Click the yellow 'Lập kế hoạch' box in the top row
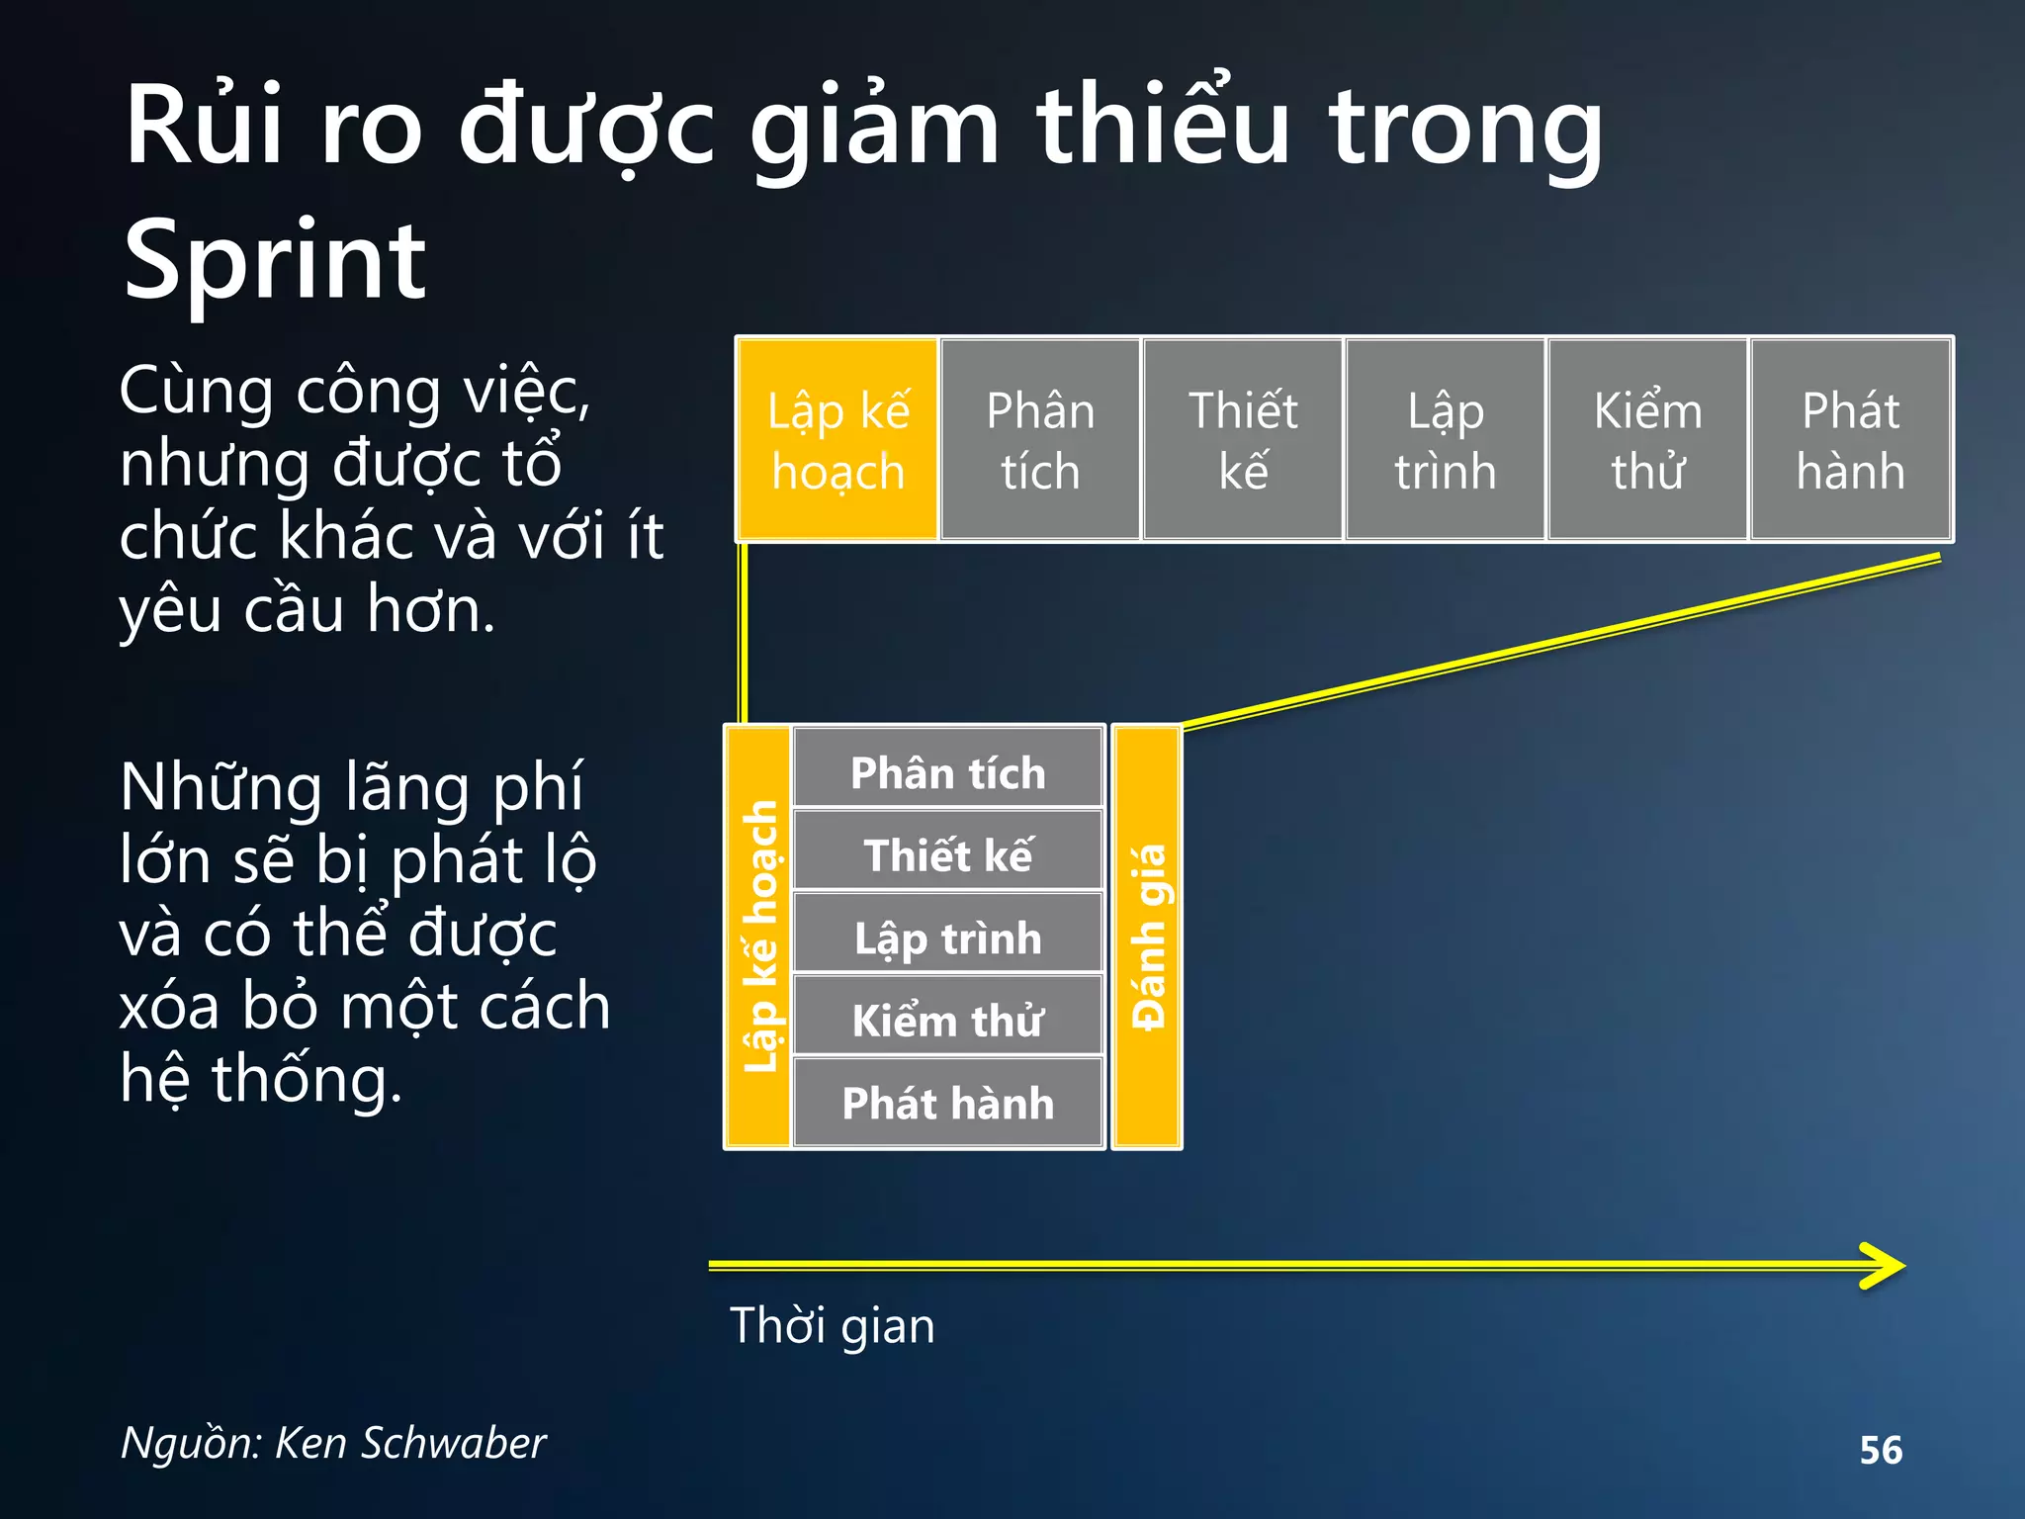(837, 439)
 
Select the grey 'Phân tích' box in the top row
(1040, 439)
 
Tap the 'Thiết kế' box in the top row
(1243, 439)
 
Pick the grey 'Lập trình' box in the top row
(1446, 439)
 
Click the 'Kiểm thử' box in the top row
(1647, 439)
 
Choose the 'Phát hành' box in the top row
(1851, 439)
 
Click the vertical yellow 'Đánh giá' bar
(1147, 937)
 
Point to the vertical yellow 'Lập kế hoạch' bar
(758, 937)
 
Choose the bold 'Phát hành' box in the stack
(948, 1102)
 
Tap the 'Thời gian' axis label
(833, 1325)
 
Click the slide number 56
(1881, 1450)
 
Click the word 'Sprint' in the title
(275, 261)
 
